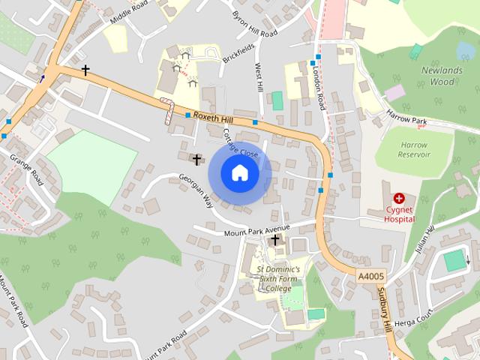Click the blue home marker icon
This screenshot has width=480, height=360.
[239, 172]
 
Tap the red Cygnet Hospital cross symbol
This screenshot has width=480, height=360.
[398, 199]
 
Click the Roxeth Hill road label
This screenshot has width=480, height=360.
[214, 117]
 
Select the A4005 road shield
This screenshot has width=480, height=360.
[370, 277]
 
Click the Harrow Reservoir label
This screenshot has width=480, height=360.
[415, 149]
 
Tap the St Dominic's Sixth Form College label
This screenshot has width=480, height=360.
[277, 278]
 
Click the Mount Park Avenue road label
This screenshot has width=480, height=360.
[256, 229]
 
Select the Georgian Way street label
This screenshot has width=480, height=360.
[196, 191]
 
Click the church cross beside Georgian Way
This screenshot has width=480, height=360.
[197, 160]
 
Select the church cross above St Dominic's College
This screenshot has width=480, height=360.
[275, 240]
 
